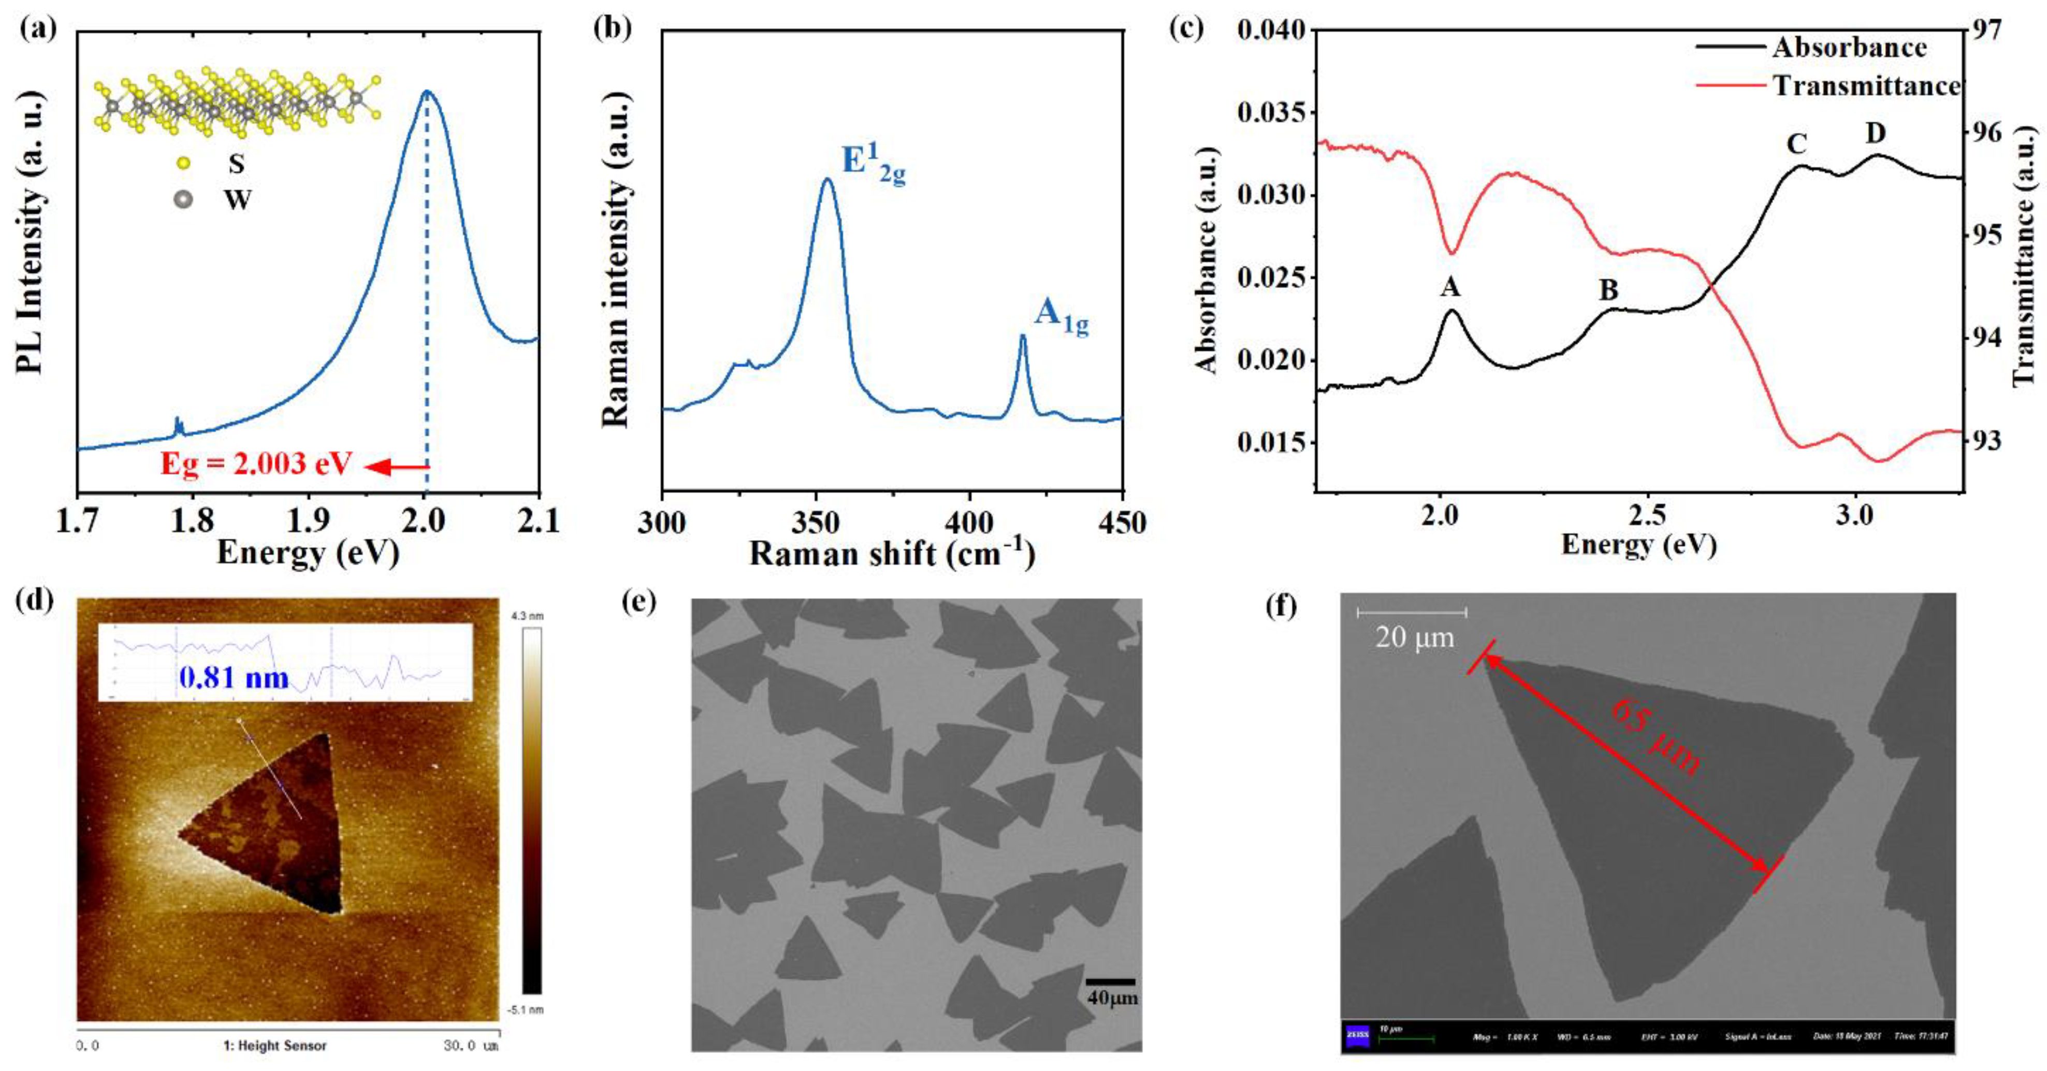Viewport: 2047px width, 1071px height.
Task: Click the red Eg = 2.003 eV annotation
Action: [x=256, y=463]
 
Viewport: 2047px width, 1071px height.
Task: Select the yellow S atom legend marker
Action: [x=183, y=163]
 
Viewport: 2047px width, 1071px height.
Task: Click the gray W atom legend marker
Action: [x=183, y=199]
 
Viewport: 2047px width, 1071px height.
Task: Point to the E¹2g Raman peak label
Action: [x=873, y=165]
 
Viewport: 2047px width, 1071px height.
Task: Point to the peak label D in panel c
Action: [x=1876, y=134]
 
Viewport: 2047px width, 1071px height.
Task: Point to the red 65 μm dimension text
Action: [x=1657, y=736]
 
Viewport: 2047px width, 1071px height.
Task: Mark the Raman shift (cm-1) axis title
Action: [x=892, y=553]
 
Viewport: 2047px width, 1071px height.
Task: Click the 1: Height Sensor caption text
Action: [x=275, y=1046]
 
